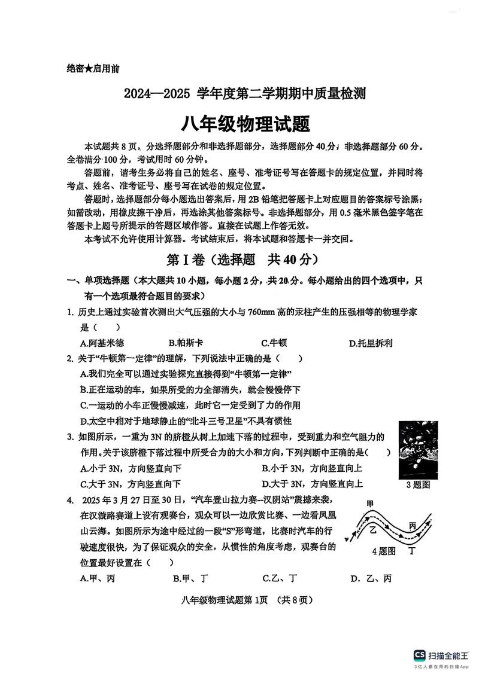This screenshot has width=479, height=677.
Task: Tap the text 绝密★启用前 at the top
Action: [x=93, y=68]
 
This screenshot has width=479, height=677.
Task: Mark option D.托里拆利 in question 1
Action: [x=371, y=343]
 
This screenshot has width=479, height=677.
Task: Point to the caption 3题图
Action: [x=418, y=485]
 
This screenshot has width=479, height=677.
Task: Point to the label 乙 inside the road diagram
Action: [x=372, y=530]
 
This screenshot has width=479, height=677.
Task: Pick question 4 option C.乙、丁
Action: [x=280, y=578]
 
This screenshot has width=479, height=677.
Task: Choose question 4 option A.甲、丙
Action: [x=98, y=578]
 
